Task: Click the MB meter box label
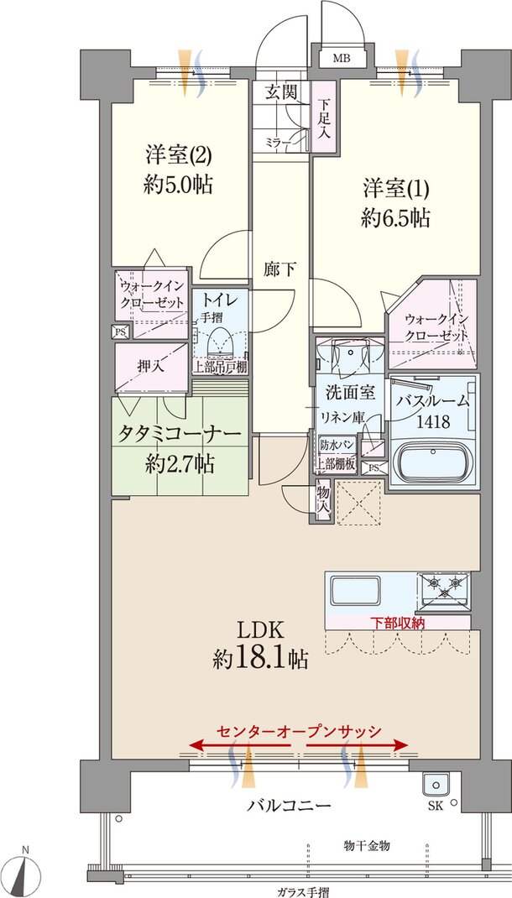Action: point(341,59)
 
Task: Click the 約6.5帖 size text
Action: point(396,218)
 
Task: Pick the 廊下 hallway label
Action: point(280,269)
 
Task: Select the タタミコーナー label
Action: point(180,435)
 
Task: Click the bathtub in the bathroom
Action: point(433,462)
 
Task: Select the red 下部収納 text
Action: point(398,622)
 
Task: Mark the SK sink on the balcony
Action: point(435,787)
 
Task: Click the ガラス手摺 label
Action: point(300,890)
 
